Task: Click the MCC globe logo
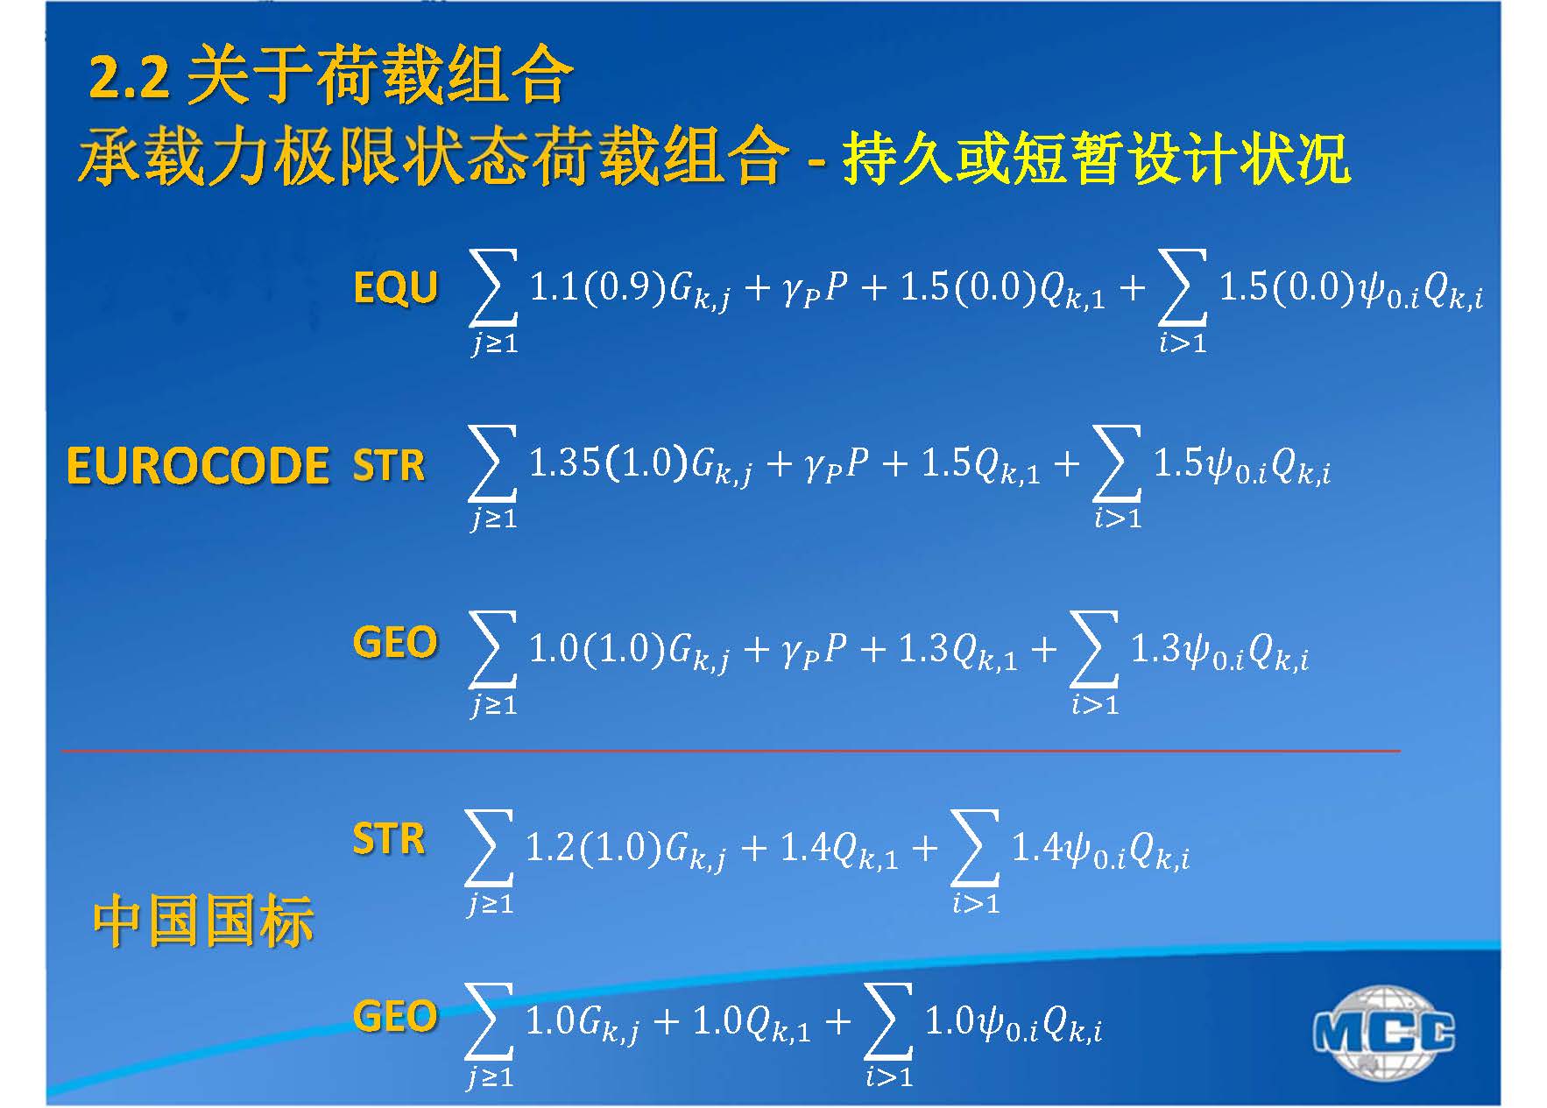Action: coord(1384,1033)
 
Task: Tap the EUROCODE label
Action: coord(197,465)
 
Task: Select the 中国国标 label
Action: coord(202,921)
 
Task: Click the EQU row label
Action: coord(395,287)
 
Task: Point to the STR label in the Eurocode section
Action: coord(388,465)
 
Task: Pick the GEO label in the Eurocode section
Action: coord(395,642)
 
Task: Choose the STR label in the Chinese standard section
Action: coord(388,839)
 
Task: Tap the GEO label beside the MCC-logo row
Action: coord(395,1016)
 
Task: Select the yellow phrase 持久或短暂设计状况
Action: coord(1096,159)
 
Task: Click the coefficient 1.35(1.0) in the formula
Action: coord(608,462)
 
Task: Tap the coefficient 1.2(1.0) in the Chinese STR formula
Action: coord(593,847)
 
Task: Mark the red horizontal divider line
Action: coord(731,751)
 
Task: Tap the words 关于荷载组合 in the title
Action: coord(379,77)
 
